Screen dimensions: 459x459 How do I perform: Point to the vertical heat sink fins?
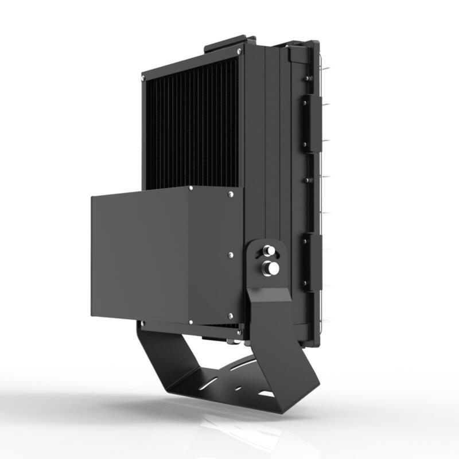click(x=189, y=126)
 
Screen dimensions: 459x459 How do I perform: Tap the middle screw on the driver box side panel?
click(x=230, y=254)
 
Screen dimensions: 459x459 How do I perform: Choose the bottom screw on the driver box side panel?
click(x=230, y=316)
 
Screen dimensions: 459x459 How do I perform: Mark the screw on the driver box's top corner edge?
click(x=190, y=188)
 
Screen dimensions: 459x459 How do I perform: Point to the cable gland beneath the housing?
click(x=229, y=343)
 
